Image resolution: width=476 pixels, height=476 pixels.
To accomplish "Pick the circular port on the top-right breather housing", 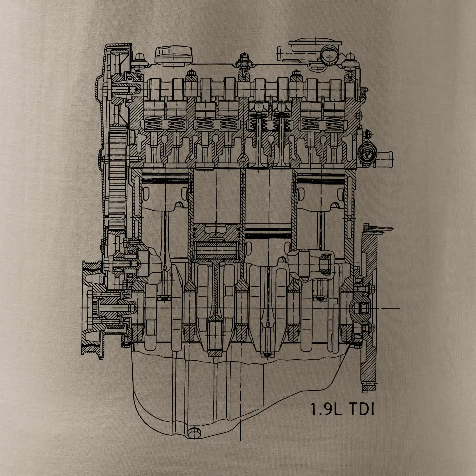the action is coord(328,55).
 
